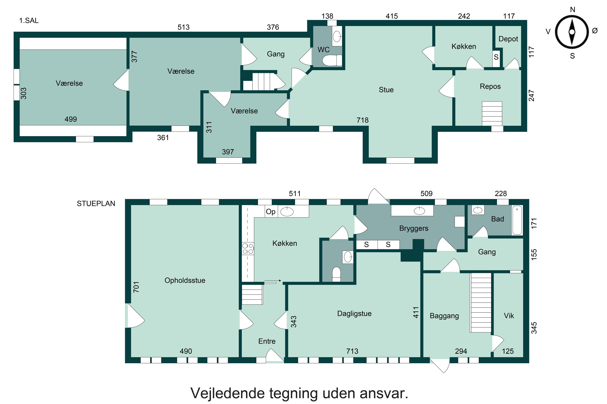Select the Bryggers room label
click(414, 228)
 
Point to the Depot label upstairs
click(508, 39)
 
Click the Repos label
click(490, 86)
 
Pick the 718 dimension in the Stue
click(362, 120)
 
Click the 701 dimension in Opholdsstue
click(136, 287)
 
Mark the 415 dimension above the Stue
click(392, 16)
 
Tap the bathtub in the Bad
click(517, 220)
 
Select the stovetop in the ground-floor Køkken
click(248, 249)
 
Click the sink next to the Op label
click(287, 212)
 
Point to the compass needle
click(572, 32)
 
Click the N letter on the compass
click(572, 10)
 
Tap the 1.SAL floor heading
click(29, 21)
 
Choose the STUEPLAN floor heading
click(96, 204)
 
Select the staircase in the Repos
click(492, 114)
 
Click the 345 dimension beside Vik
click(534, 328)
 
